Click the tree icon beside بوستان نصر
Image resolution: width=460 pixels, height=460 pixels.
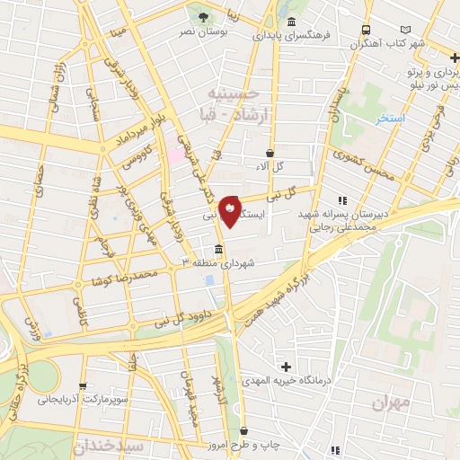[202, 16]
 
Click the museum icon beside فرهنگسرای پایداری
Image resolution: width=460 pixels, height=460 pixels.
[290, 22]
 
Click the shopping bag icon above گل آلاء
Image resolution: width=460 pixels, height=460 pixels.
[269, 153]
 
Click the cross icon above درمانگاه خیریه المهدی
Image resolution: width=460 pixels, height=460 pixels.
[287, 367]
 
